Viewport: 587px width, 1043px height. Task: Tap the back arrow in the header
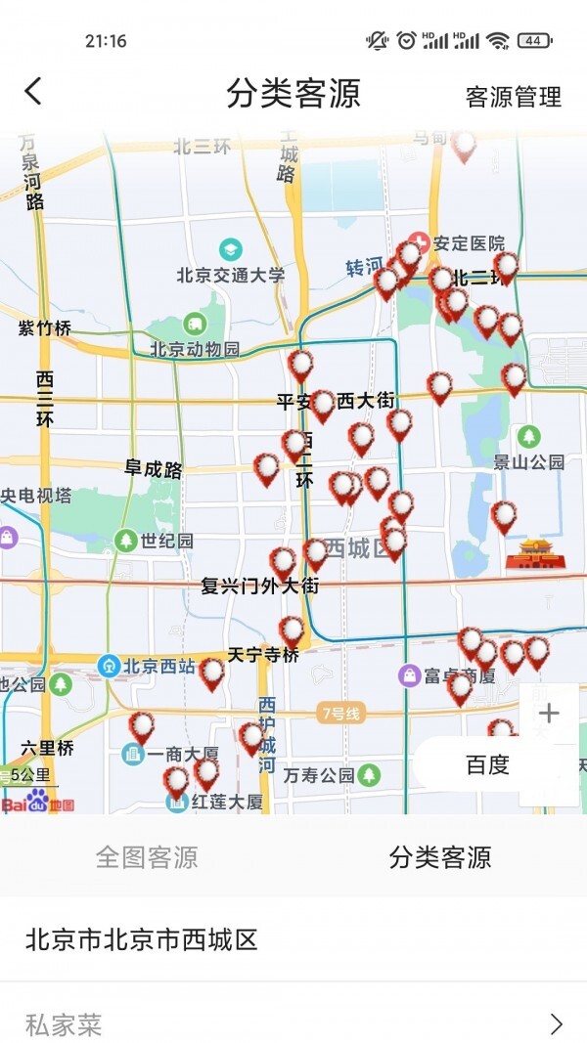coord(33,92)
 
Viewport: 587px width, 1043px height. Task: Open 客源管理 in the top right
coord(513,97)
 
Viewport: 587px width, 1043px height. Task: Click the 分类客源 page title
coord(293,94)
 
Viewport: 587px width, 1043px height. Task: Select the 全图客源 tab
coord(147,857)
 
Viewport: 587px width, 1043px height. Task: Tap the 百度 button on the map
coord(487,764)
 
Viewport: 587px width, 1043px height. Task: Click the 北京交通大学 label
coord(231,275)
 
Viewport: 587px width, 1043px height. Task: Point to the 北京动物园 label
coord(195,349)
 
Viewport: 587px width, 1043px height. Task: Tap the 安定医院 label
coord(469,243)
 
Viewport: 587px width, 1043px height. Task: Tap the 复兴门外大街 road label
coord(260,587)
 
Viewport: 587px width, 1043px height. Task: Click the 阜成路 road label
coord(154,469)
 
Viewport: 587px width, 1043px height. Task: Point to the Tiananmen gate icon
coord(535,552)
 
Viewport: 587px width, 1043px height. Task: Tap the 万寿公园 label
coord(319,775)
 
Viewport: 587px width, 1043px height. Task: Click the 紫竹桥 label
coord(45,328)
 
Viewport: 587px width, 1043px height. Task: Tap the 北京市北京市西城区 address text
coord(141,939)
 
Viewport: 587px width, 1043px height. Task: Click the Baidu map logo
coord(38,803)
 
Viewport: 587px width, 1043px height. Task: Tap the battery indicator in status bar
coord(533,40)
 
